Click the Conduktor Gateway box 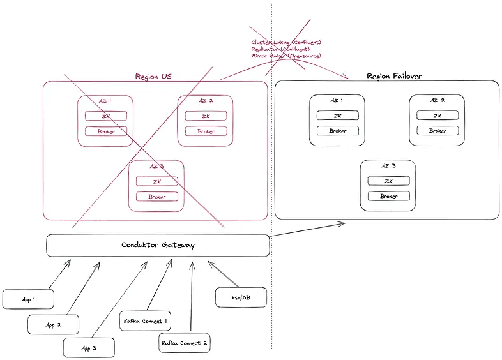158,245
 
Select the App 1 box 27,299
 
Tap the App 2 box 53,324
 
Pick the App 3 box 89,348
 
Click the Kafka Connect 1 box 145,321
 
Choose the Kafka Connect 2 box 183,343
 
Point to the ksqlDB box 241,297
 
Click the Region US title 153,77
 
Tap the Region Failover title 394,76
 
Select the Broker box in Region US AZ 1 106,131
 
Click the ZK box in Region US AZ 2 206,116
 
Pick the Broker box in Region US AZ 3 157,197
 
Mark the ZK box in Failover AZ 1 337,116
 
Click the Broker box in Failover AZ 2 437,130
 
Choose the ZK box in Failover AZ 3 388,181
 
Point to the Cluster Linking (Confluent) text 285,42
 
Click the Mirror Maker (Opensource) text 285,56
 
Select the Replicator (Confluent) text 281,49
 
